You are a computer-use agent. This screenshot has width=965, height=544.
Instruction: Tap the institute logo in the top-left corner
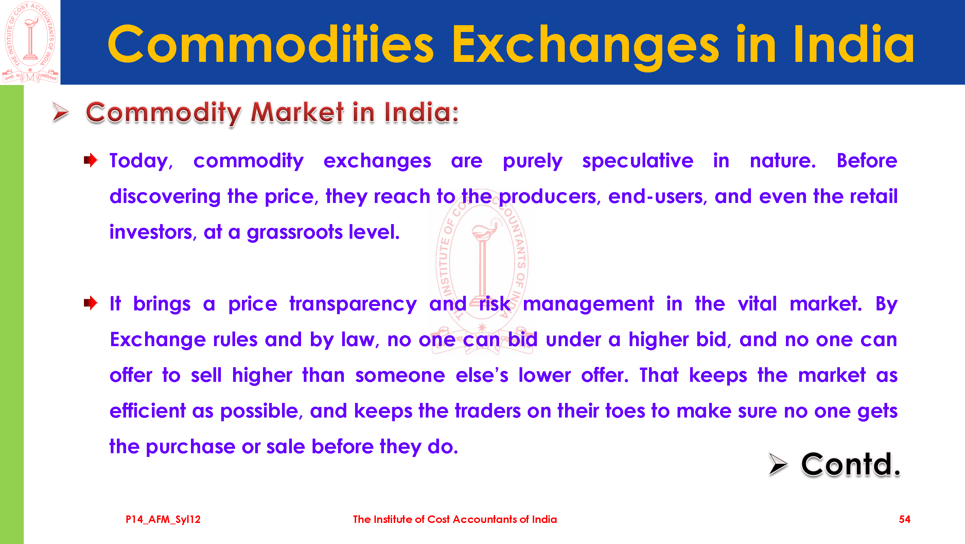(x=30, y=42)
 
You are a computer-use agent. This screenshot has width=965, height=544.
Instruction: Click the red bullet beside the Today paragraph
(x=90, y=160)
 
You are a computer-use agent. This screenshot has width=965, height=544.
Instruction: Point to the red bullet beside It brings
(x=90, y=303)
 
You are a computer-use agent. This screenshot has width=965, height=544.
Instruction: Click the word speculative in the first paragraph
(x=637, y=161)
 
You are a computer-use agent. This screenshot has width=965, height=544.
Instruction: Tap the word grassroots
(x=295, y=233)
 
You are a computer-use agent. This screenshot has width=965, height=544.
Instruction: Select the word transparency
(x=353, y=304)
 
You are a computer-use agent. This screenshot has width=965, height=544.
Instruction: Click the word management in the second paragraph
(x=588, y=304)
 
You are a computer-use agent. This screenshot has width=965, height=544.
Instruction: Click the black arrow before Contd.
(x=778, y=464)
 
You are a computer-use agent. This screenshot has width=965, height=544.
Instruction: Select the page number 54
(x=905, y=519)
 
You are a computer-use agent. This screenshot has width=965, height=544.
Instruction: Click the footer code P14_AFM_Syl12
(x=163, y=520)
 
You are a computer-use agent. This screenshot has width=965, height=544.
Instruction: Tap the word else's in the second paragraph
(x=482, y=375)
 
